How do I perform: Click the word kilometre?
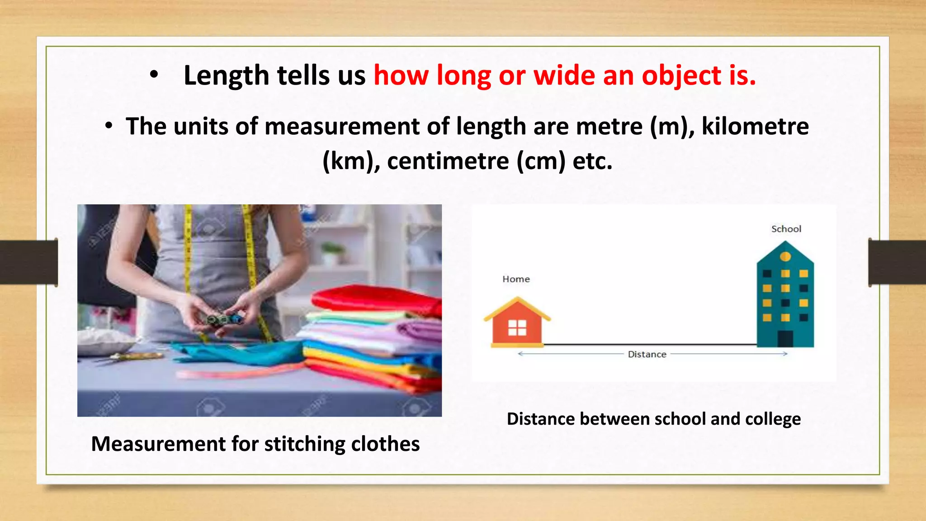[755, 126]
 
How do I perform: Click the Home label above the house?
[516, 279]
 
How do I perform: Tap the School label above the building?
[786, 229]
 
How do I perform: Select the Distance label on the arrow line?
[647, 355]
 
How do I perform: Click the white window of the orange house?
[517, 327]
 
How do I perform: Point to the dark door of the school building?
[785, 338]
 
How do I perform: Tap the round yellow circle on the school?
[785, 256]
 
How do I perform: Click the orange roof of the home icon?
[517, 306]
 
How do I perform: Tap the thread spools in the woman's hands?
[224, 320]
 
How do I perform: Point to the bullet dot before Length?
[154, 76]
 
